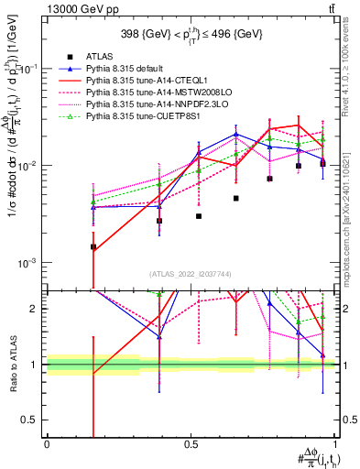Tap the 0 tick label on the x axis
pyautogui.click(x=47, y=443)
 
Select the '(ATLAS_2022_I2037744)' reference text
pyautogui.click(x=191, y=274)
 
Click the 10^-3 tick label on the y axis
pyautogui.click(x=28, y=263)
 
